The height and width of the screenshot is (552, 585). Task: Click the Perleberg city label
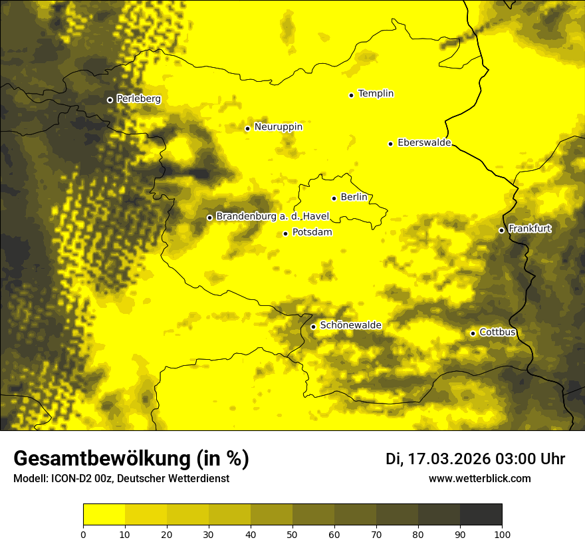pos(138,99)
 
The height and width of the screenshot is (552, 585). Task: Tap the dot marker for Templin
pos(351,95)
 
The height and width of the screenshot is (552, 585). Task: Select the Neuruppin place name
pos(278,127)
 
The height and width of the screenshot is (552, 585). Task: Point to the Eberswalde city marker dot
pos(391,144)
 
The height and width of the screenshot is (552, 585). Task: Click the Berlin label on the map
pos(354,198)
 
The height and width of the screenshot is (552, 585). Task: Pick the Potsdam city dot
pos(286,233)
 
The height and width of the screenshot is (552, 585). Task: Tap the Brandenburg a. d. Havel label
pos(273,217)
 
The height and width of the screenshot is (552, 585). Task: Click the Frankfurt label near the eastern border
pos(529,229)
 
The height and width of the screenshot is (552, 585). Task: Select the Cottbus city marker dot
pos(473,333)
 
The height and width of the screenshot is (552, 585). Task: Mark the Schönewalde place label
pos(350,325)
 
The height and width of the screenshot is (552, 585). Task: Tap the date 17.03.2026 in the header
pos(449,459)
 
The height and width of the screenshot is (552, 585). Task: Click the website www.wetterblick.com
pos(479,479)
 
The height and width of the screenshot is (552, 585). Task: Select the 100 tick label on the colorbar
pos(502,533)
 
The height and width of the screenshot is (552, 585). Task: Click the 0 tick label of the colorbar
pos(83,533)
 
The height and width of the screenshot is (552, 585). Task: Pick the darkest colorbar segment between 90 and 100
pos(481,515)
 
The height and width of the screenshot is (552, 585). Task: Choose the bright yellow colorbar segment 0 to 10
pos(104,515)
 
